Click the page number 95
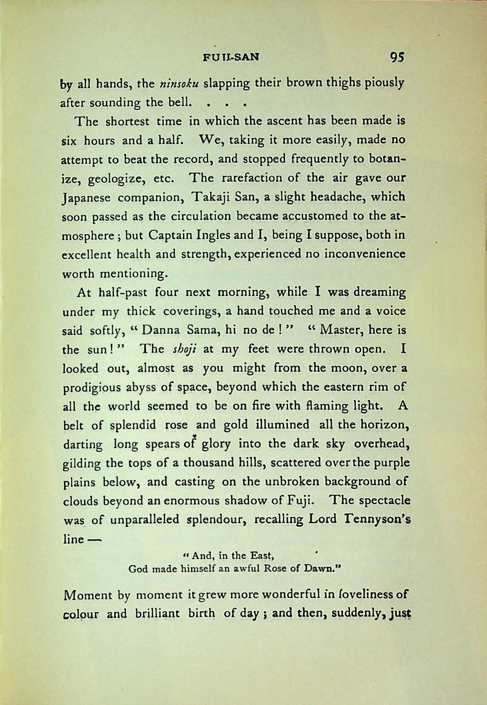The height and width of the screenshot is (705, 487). (396, 57)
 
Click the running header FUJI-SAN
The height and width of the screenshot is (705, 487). (231, 58)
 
